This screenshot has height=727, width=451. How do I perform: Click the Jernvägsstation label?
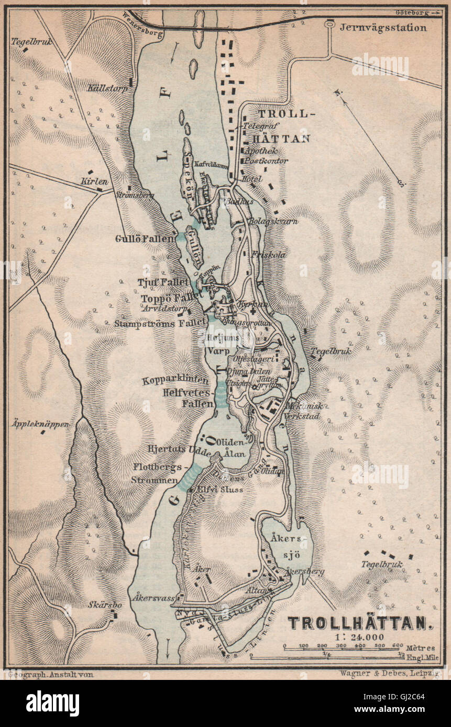[383, 28]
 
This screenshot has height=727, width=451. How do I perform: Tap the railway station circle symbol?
[329, 24]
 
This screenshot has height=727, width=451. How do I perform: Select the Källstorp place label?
[108, 88]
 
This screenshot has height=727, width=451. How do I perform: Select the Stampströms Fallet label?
[159, 323]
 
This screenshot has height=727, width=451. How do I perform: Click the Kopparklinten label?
[179, 381]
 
